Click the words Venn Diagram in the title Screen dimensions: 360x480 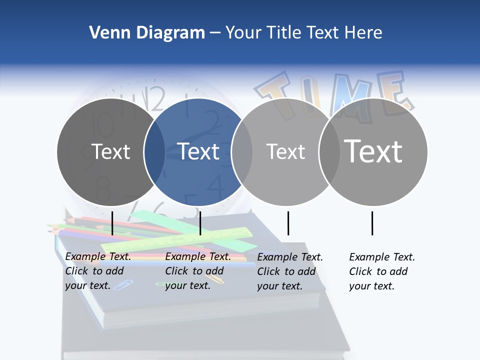[x=147, y=33]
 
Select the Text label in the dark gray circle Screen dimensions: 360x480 [x=110, y=151]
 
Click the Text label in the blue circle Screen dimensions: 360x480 [x=198, y=151]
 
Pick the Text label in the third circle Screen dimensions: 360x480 [x=285, y=151]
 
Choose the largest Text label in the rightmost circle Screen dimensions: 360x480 [x=373, y=151]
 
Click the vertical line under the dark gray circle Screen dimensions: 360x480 [x=112, y=223]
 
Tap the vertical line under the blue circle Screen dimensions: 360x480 [x=200, y=223]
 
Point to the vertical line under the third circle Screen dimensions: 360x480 [x=288, y=223]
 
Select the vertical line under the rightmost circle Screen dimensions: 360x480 [x=372, y=223]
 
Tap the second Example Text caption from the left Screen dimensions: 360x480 [x=197, y=270]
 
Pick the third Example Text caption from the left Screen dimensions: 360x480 [x=289, y=271]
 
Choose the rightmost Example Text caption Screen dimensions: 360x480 [x=381, y=271]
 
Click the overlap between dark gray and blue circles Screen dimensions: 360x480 [x=154, y=151]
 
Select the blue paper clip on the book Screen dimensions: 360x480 [x=123, y=285]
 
